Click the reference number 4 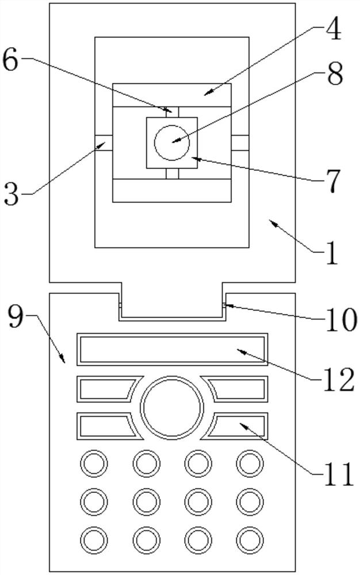point(332,28)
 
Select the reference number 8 point(335,73)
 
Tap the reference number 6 point(10,61)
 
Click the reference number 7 point(332,181)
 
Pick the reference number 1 point(332,252)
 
